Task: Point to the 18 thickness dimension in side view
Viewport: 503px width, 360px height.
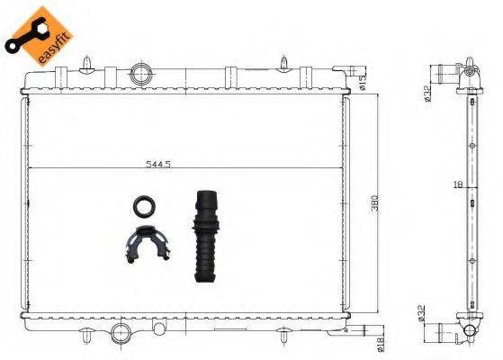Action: point(459,184)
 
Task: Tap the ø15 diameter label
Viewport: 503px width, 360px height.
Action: point(363,85)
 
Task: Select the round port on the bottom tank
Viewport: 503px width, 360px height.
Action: point(121,334)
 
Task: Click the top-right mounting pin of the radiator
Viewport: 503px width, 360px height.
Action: point(283,62)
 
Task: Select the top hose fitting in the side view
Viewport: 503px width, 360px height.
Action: point(447,72)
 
